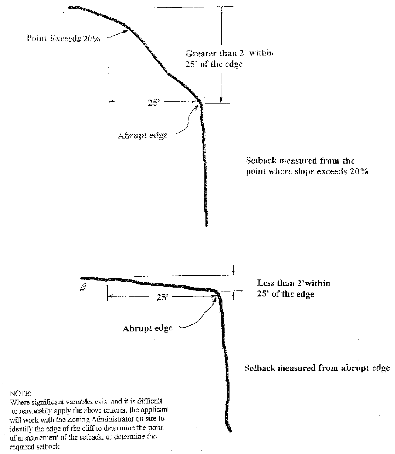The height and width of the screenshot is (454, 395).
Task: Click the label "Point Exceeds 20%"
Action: coord(64,39)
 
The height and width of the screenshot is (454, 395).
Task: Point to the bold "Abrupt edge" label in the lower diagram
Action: coord(148,328)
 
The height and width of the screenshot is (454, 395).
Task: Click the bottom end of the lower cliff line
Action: coord(231,431)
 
